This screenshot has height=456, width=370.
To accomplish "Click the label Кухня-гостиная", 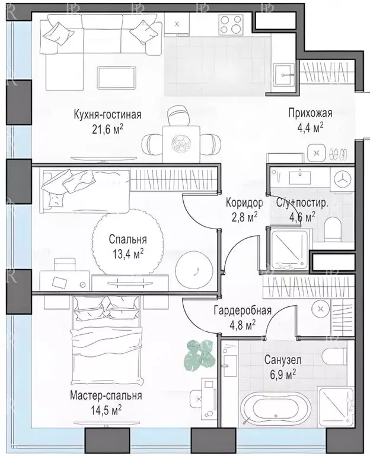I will click(108, 114).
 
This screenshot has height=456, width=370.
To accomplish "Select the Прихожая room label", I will click(310, 113).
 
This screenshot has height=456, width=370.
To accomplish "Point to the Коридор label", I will click(244, 202).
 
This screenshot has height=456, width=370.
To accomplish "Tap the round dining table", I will click(179, 142).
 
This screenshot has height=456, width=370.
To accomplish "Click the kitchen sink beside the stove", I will click(179, 24).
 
